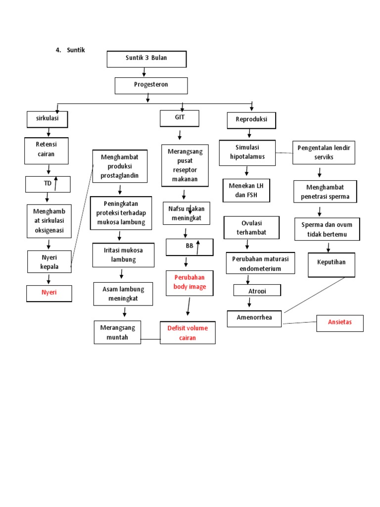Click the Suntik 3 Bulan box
coord(146,58)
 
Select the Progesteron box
coord(151,85)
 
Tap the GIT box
coord(179,118)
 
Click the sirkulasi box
coord(47,119)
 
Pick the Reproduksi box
coord(251,120)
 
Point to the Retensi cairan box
coord(47,151)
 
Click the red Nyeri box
coord(48,293)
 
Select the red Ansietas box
coord(339,323)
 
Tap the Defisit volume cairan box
coord(188,333)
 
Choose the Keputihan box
coord(332,264)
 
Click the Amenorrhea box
coord(254,318)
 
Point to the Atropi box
coord(256,290)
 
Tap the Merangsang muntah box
coord(117,332)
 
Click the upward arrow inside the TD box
coord(56,184)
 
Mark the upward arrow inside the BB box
coord(197,247)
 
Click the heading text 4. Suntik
coord(70,50)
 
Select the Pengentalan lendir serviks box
coord(324,152)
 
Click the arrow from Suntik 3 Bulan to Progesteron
coord(144,72)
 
